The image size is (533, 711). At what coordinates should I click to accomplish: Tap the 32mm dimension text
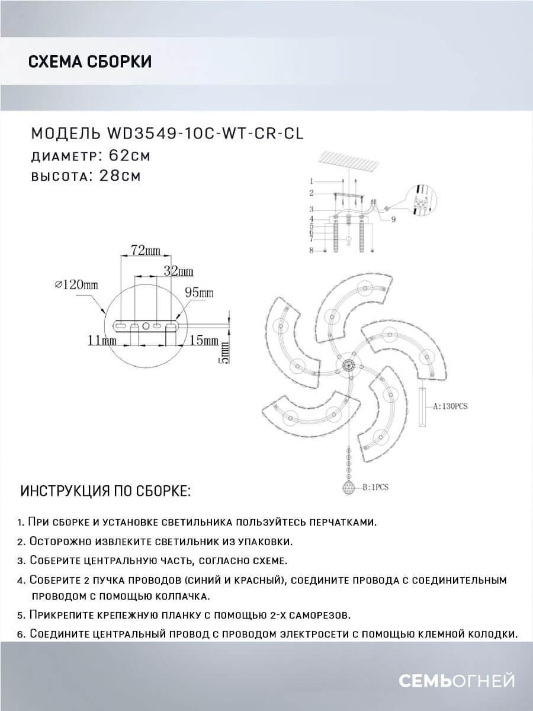pyautogui.click(x=178, y=271)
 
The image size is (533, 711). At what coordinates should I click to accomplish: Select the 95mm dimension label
pyautogui.click(x=199, y=293)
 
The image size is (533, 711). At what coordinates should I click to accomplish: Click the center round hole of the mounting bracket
pyautogui.click(x=146, y=325)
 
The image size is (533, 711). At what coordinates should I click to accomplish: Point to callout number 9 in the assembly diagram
pyautogui.click(x=393, y=220)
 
